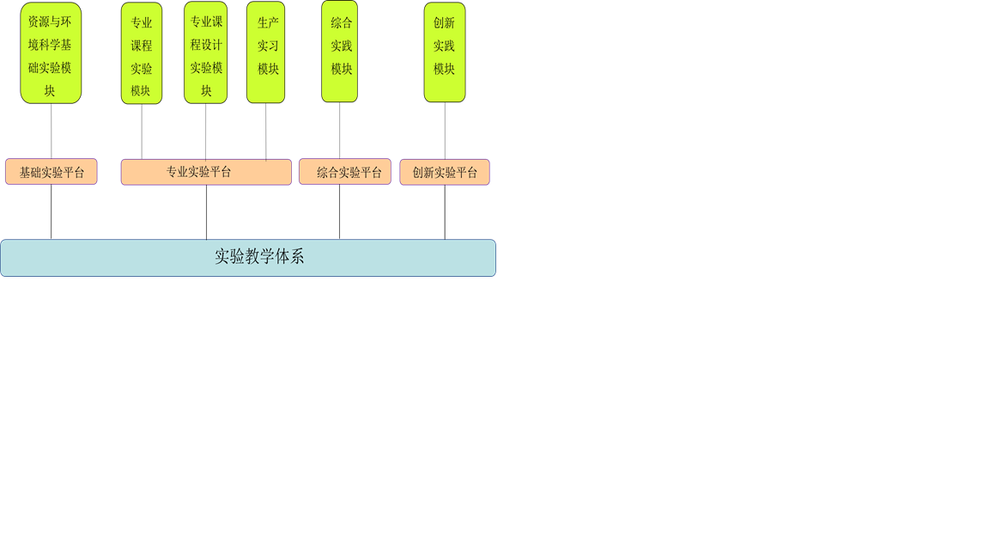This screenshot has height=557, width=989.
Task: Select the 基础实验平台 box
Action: point(52,172)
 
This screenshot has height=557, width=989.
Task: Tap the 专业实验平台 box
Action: point(206,172)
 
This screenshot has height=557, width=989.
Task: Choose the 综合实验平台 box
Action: point(345,172)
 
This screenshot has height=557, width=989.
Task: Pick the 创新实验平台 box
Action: point(445,172)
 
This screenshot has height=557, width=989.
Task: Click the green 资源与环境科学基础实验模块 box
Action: point(51,53)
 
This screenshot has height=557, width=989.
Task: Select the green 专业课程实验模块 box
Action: point(142,53)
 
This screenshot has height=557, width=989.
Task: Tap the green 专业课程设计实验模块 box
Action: point(206,53)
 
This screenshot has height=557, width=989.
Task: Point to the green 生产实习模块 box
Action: point(266,53)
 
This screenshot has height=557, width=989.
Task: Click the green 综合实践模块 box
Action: point(340,52)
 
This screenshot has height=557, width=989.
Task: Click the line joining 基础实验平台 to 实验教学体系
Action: point(52,212)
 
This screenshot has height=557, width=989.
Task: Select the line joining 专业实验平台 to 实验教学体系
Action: point(206,212)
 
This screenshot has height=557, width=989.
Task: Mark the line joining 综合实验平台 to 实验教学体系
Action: point(340,212)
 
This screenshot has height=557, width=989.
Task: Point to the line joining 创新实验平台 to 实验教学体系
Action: point(445,212)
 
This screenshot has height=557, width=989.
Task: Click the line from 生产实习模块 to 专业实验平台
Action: point(266,132)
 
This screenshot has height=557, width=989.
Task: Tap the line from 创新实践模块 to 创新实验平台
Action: point(445,131)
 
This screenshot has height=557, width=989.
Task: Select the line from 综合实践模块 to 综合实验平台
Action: point(340,131)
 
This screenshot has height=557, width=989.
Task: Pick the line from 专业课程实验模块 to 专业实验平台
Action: point(142,132)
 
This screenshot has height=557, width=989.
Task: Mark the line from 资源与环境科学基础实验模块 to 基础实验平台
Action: point(52,131)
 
